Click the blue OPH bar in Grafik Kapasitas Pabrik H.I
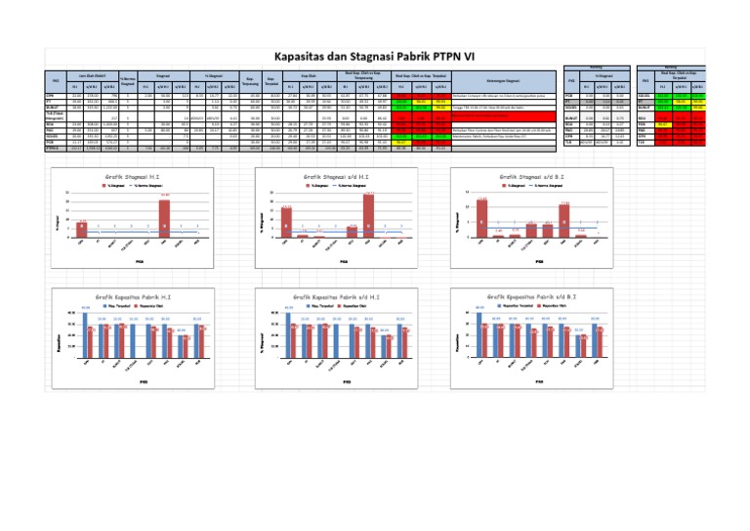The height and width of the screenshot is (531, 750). pyautogui.click(x=85, y=336)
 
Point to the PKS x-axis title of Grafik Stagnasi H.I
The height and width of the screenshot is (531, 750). pyautogui.click(x=140, y=262)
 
